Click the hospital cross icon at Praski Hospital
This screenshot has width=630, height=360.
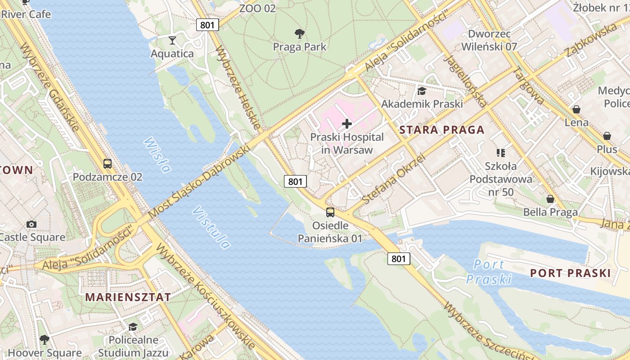click(x=346, y=123)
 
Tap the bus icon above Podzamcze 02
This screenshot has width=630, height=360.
click(x=108, y=163)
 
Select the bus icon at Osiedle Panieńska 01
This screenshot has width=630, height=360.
click(x=330, y=212)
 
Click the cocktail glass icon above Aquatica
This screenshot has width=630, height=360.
click(x=172, y=40)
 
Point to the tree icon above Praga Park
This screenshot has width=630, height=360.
click(x=299, y=33)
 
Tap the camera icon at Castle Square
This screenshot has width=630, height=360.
click(x=31, y=224)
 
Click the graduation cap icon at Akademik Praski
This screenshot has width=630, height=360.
click(x=422, y=91)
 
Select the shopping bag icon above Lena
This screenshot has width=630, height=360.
click(x=576, y=109)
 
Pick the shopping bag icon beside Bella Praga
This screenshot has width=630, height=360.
click(x=550, y=199)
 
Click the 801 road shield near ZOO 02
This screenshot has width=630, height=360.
click(x=207, y=25)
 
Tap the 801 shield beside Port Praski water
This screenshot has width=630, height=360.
click(x=399, y=258)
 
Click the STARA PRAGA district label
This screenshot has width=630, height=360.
click(x=442, y=130)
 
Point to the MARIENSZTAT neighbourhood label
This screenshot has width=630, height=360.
click(x=128, y=297)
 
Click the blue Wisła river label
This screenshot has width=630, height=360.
click(x=157, y=155)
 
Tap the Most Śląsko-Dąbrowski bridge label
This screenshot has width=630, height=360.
click(x=199, y=182)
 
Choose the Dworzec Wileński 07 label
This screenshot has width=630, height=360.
click(x=489, y=40)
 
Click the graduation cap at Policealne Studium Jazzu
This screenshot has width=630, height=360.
click(x=133, y=327)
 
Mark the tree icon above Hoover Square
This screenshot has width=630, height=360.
click(x=44, y=339)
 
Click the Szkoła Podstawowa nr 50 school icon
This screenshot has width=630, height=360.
click(x=500, y=153)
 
